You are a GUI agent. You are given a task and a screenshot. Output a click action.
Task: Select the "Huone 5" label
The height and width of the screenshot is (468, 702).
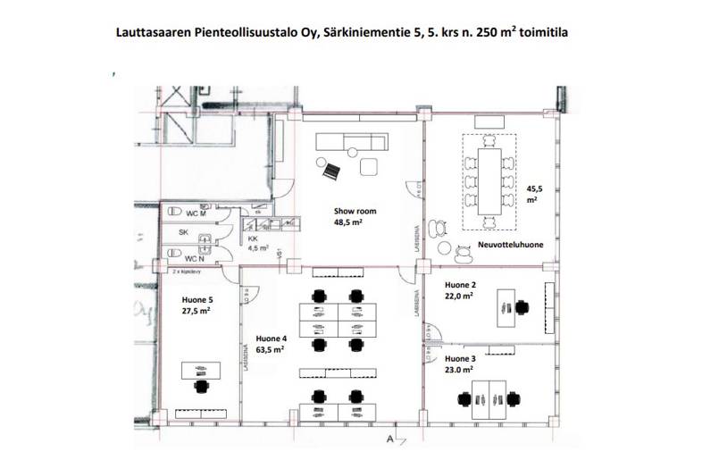click(x=197, y=300)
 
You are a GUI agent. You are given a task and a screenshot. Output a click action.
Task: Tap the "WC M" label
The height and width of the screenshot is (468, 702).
click(x=196, y=213)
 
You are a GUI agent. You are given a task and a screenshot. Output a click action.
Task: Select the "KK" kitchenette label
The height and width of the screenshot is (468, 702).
click(x=253, y=239)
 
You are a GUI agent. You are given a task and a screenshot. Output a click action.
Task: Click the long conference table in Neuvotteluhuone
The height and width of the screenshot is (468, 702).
click(x=489, y=177)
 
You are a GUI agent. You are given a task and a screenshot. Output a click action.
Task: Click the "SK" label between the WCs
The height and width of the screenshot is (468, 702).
click(x=183, y=232)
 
